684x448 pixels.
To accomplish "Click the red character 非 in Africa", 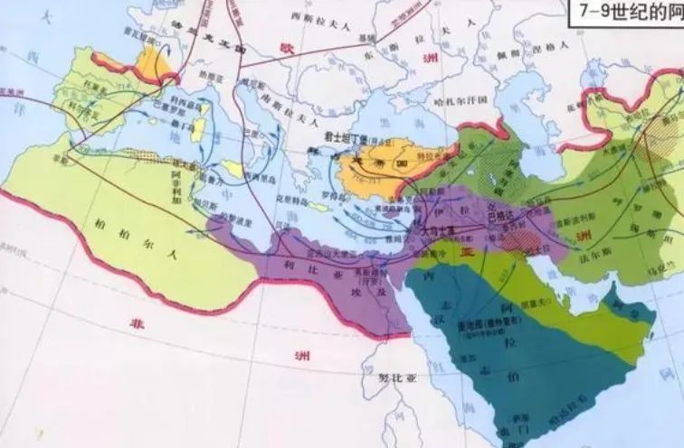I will (x=138, y=322).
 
